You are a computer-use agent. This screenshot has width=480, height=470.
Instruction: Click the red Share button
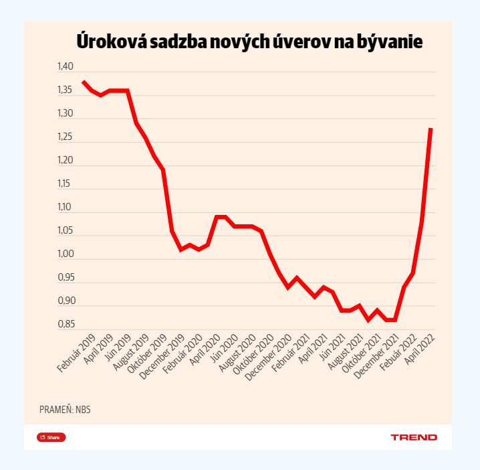pos(51,437)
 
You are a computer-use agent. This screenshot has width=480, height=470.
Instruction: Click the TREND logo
pos(414,437)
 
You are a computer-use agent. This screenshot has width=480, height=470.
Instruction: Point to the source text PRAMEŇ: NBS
pos(65,409)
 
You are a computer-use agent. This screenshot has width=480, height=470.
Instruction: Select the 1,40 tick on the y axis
pos(65,67)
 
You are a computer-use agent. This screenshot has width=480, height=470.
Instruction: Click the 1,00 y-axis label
pos(65,254)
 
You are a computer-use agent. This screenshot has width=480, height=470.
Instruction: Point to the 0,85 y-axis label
pos(65,325)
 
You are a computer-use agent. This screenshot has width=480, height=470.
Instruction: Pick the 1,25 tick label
pos(65,137)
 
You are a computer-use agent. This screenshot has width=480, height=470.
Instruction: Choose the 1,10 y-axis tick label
pos(65,208)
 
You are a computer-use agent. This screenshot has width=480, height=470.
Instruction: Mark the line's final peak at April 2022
pos(431,129)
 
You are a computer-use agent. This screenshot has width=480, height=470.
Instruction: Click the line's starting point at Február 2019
pos(83,82)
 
